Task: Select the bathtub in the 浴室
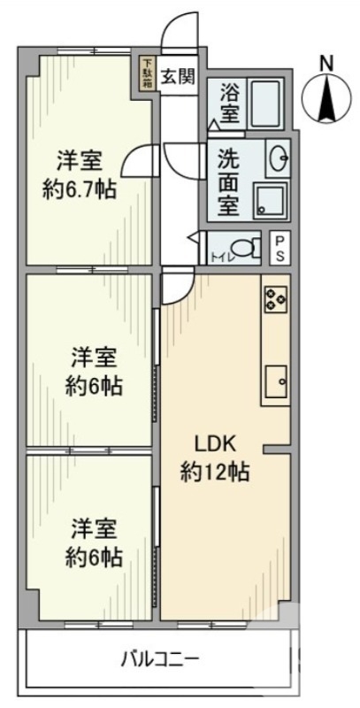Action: pyautogui.click(x=264, y=104)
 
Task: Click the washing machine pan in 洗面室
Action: pyautogui.click(x=269, y=200)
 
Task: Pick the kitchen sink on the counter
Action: pyautogui.click(x=276, y=382)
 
